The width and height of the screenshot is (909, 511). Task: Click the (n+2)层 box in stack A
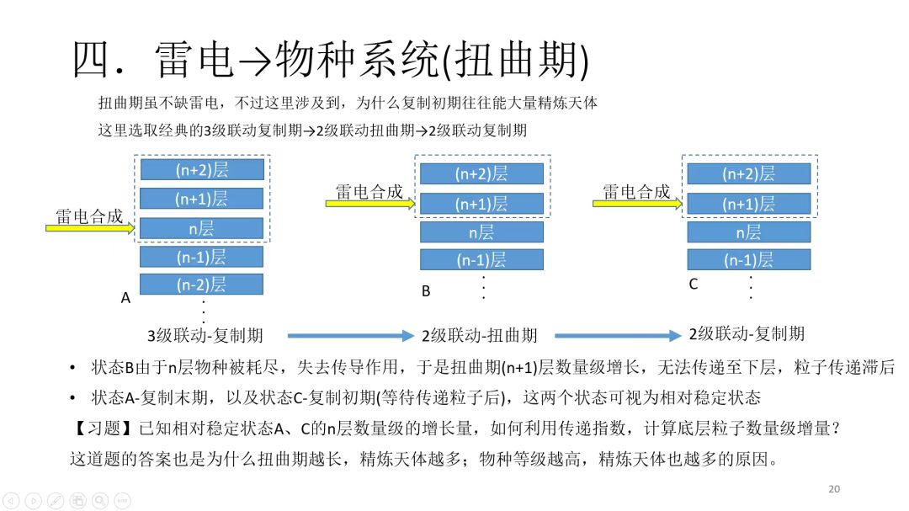201,169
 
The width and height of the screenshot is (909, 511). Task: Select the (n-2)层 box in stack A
201,285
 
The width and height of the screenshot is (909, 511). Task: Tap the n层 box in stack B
481,232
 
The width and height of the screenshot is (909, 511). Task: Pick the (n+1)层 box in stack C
749,204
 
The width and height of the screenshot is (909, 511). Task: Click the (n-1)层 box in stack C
749,260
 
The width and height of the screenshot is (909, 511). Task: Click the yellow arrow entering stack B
370,203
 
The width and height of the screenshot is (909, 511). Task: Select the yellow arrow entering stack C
640,203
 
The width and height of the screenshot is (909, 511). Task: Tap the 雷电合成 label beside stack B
369,191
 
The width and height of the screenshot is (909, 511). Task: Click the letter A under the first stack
125,298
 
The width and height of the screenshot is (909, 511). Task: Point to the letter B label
426,291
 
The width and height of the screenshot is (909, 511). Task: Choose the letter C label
694,285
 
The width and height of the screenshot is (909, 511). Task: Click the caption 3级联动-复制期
205,335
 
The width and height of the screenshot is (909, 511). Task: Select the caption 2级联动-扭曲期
480,335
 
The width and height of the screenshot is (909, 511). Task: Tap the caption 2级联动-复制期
747,333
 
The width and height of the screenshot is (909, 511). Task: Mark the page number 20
834,489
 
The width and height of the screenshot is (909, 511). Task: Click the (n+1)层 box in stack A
201,199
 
